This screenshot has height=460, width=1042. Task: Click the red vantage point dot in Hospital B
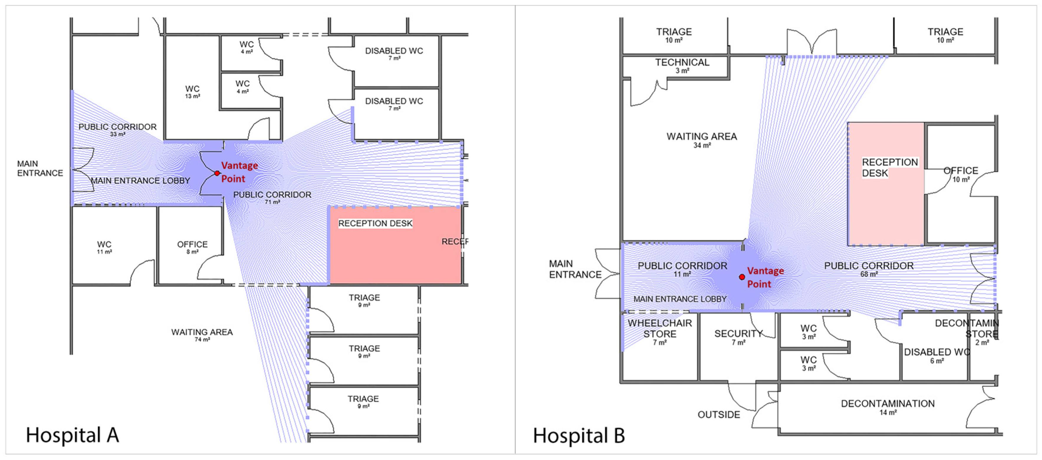(x=742, y=277)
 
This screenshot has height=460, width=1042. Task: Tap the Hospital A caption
(x=73, y=435)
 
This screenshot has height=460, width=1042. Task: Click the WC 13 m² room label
(x=193, y=91)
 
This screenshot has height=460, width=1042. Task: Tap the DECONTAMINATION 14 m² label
(x=888, y=407)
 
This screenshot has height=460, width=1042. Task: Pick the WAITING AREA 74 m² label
(x=202, y=335)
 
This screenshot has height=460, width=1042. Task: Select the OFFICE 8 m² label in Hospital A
(x=192, y=247)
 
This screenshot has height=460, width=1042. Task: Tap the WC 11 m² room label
(x=104, y=247)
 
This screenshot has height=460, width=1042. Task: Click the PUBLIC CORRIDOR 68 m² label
(x=869, y=268)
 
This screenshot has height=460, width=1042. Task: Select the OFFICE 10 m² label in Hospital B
(x=961, y=174)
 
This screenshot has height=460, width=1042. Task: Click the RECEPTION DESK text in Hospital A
(x=375, y=224)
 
